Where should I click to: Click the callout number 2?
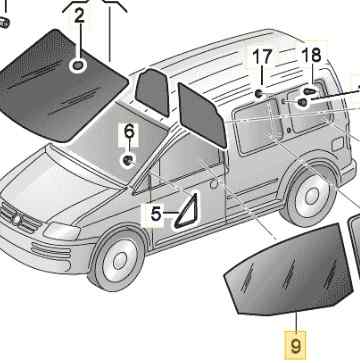(x=79, y=16)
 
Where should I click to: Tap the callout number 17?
(x=262, y=57)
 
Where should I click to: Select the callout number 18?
(x=311, y=55)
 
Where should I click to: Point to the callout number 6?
(x=129, y=131)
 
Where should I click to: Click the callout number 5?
(x=156, y=214)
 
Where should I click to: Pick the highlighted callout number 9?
(x=295, y=346)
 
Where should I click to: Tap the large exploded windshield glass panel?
(x=62, y=87)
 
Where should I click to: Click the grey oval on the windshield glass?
(x=78, y=66)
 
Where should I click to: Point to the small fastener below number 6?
(x=127, y=161)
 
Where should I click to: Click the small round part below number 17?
(x=258, y=94)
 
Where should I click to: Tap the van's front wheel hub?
(x=120, y=261)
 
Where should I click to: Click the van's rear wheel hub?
(x=312, y=196)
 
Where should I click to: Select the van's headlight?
(x=62, y=231)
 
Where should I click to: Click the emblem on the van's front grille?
(x=16, y=219)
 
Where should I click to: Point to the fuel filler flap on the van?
(x=337, y=144)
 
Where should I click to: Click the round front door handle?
(x=214, y=183)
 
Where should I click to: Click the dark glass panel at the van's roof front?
(x=152, y=92)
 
